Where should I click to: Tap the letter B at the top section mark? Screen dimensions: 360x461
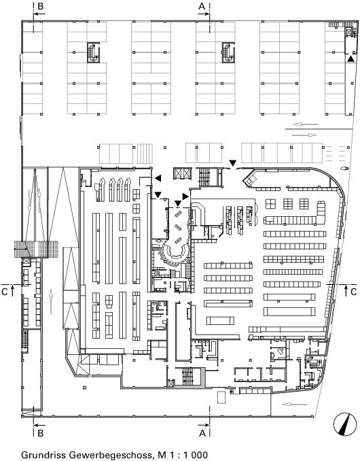click(x=39, y=6)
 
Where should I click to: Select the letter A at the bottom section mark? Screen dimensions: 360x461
click(x=202, y=433)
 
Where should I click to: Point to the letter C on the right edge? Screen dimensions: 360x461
click(x=353, y=292)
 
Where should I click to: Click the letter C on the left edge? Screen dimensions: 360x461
click(x=5, y=292)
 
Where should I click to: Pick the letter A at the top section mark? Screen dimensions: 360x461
click(x=202, y=6)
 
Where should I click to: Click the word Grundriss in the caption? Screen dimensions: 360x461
click(x=43, y=454)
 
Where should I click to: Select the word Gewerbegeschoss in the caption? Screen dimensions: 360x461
click(x=111, y=455)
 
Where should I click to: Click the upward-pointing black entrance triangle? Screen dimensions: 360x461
click(x=350, y=58)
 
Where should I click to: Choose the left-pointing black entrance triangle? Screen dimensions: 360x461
click(x=158, y=178)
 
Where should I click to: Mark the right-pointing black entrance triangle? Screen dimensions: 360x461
click(x=185, y=196)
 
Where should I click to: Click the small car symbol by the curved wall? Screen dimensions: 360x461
click(x=344, y=169)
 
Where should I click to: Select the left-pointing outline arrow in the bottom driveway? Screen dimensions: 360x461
click(x=295, y=405)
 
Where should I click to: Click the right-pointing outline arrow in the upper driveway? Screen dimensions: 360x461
click(x=304, y=135)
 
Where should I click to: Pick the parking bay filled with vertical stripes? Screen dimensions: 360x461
click(x=145, y=153)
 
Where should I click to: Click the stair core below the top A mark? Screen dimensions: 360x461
click(x=228, y=52)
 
